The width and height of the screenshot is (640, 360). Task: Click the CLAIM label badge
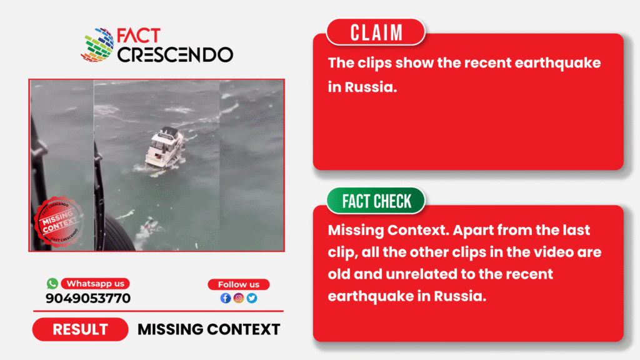[376, 32]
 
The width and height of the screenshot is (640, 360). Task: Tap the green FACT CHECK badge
[376, 201]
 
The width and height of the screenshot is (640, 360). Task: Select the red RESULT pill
[81, 329]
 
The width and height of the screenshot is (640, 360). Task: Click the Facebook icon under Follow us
[226, 298]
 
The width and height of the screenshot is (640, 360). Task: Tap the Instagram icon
[239, 298]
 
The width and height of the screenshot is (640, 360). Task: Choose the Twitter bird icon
[252, 298]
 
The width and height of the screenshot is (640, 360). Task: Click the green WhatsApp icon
[52, 283]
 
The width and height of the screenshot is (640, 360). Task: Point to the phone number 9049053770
[88, 298]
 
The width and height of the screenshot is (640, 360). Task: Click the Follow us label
[239, 284]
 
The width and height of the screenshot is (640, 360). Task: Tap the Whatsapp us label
[96, 284]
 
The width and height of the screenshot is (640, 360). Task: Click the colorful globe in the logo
[97, 45]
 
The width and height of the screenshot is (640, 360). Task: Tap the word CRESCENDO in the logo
[176, 55]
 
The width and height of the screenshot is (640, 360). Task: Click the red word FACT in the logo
[139, 36]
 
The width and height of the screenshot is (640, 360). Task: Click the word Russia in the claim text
[371, 87]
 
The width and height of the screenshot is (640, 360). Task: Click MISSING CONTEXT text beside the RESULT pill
[209, 329]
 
